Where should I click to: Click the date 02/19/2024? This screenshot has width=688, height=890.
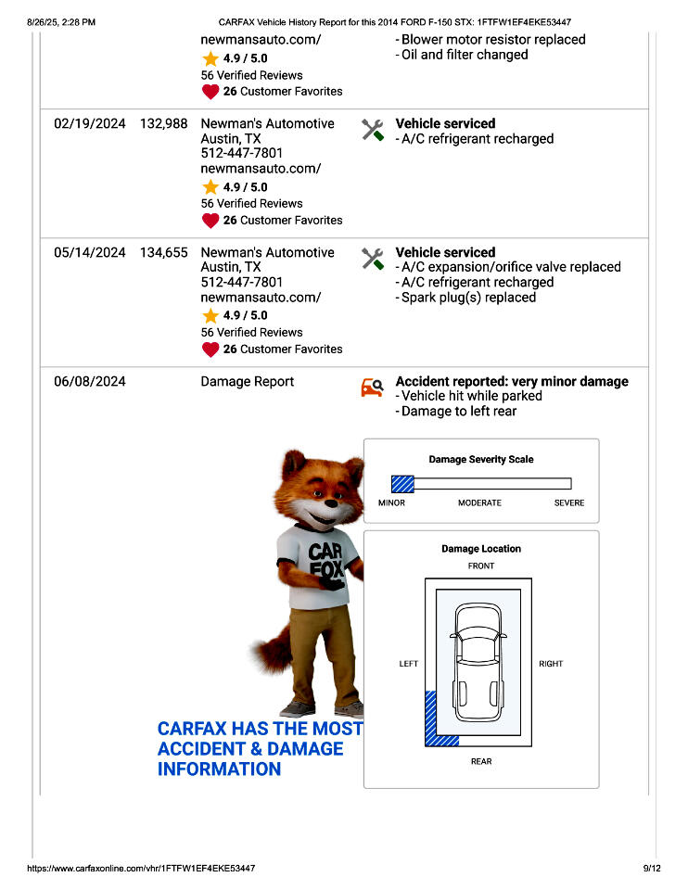[89, 123]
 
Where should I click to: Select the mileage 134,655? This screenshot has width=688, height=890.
[164, 252]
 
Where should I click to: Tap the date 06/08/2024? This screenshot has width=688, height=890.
[89, 381]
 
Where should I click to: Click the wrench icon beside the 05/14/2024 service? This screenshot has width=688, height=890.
[373, 259]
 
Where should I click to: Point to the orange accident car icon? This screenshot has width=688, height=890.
[372, 388]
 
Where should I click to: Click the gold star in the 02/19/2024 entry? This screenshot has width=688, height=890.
[210, 187]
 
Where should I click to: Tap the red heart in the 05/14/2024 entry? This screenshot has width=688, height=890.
[210, 350]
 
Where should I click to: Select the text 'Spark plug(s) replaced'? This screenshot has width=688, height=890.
[468, 298]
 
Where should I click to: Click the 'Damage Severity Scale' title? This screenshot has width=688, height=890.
[480, 459]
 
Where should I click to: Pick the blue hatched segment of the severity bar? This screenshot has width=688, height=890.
[402, 483]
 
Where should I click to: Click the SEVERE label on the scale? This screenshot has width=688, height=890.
[569, 502]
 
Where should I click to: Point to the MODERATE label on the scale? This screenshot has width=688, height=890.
[479, 502]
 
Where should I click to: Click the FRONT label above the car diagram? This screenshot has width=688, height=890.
[481, 566]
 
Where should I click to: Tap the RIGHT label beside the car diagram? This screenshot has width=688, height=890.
[551, 664]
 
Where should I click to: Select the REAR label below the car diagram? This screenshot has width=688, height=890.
[481, 761]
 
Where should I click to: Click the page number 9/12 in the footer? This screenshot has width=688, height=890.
[651, 868]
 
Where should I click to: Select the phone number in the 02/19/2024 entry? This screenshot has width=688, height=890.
[242, 153]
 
